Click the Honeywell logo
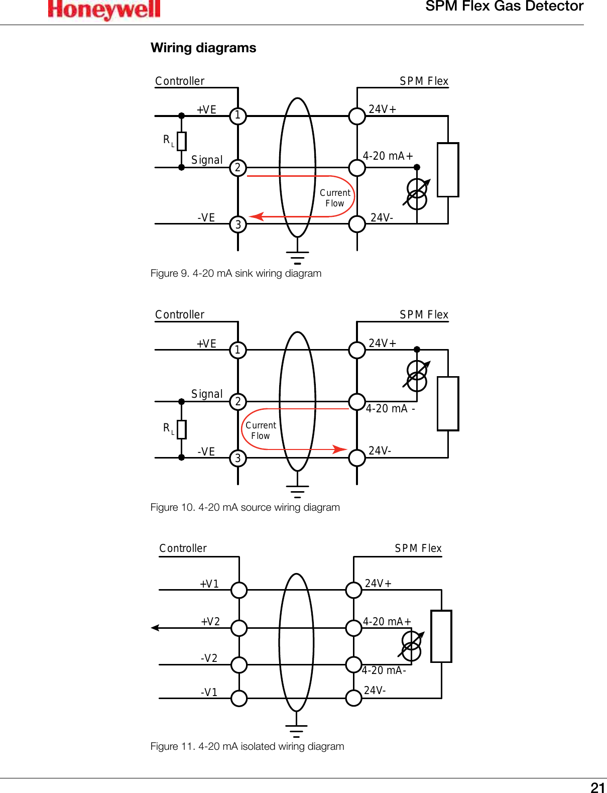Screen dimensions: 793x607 (x=104, y=10)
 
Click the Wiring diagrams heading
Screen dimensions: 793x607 (x=203, y=48)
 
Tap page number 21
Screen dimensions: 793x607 (x=597, y=787)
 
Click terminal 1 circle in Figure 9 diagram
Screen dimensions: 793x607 (x=238, y=116)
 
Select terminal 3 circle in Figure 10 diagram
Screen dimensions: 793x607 (x=238, y=458)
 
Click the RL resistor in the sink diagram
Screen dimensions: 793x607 (x=182, y=141)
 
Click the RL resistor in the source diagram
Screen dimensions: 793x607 (x=182, y=429)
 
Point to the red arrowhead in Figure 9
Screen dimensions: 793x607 (x=257, y=216)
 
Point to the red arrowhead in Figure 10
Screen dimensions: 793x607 (x=340, y=449)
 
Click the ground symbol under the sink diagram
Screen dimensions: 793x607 (x=297, y=258)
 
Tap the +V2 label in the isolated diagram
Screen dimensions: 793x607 (x=210, y=622)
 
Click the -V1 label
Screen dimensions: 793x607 (x=209, y=693)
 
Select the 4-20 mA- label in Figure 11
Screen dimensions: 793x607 (x=384, y=670)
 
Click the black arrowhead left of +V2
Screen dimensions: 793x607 (x=155, y=628)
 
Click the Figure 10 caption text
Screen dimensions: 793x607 (x=245, y=507)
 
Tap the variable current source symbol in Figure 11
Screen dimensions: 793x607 (x=412, y=646)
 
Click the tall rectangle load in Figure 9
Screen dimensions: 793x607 (x=448, y=170)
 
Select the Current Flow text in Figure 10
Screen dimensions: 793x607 (x=261, y=430)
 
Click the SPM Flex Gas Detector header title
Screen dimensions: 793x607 (x=504, y=7)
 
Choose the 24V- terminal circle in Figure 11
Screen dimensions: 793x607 (x=354, y=698)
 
